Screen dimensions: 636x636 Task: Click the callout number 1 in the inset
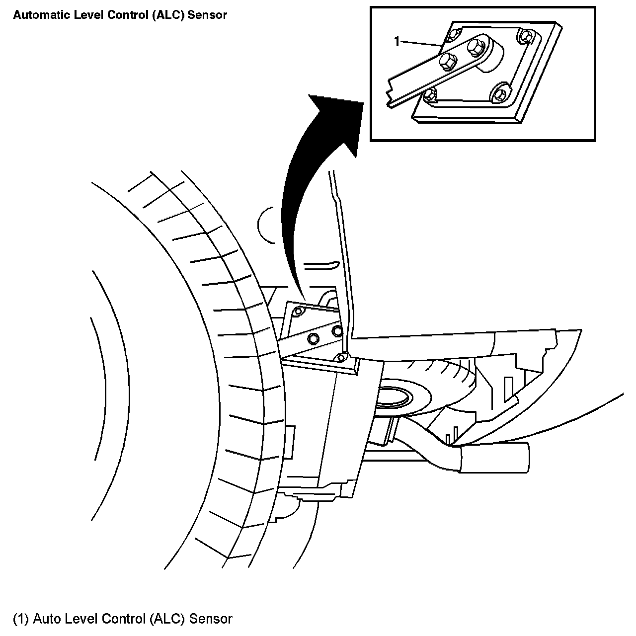[x=397, y=42]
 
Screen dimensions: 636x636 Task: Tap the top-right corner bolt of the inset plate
[x=526, y=36]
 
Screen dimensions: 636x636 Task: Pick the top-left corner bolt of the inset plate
[x=453, y=36]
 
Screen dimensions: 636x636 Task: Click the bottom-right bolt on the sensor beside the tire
[x=341, y=357]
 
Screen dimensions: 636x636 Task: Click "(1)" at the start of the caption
[x=21, y=619]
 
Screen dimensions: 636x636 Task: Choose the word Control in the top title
[x=116, y=15]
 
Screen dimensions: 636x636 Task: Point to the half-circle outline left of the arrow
[x=265, y=225]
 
